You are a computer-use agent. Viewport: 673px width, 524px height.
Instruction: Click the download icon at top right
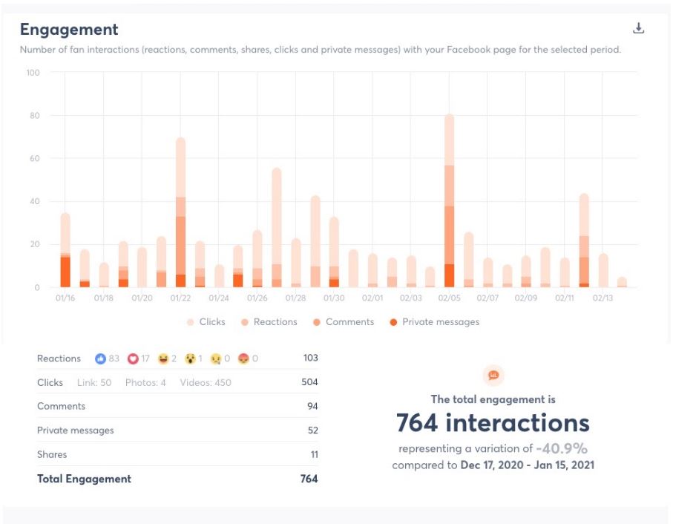(638, 28)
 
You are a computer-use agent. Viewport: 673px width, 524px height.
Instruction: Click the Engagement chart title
(69, 30)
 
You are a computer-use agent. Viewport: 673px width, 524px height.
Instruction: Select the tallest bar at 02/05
(449, 200)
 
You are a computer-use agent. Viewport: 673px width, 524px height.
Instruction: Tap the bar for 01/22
(180, 215)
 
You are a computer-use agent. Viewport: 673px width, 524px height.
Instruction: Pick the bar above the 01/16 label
(65, 252)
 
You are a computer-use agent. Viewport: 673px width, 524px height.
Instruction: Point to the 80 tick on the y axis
(33, 116)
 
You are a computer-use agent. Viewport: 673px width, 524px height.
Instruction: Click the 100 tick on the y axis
(33, 73)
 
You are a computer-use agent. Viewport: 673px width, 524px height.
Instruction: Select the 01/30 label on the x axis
(334, 298)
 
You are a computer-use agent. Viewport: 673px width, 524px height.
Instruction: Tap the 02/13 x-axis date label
(603, 298)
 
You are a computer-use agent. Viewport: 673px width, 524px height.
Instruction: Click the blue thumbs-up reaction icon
(100, 358)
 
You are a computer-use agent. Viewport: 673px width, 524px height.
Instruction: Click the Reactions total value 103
(310, 358)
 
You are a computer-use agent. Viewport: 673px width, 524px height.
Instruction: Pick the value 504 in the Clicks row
(310, 382)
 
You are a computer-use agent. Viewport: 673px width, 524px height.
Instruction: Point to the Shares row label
(52, 454)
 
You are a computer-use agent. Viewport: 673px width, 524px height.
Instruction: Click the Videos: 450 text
(206, 383)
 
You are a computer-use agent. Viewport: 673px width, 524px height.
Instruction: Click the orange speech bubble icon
(493, 376)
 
